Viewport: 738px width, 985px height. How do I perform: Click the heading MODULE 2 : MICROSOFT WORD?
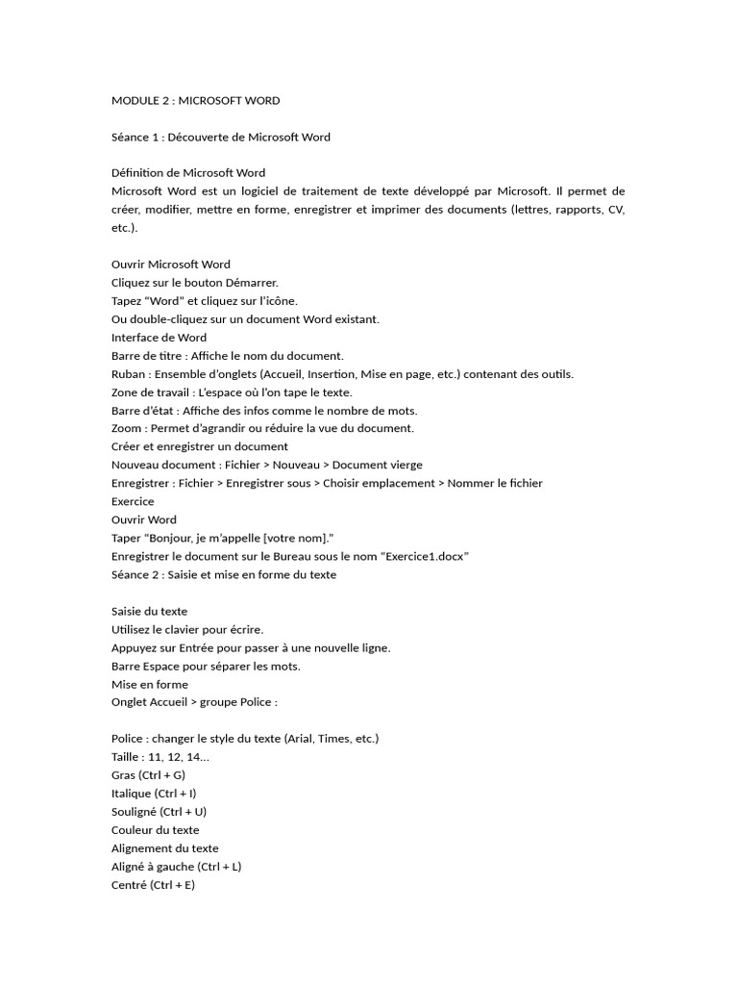195,100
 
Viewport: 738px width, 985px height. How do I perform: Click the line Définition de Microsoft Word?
188,173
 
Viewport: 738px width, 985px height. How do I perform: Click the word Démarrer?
251,283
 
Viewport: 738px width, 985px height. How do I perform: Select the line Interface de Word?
159,338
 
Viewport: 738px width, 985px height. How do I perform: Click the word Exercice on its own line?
133,501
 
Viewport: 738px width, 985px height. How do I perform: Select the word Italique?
132,794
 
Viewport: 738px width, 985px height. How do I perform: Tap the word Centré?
130,885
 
